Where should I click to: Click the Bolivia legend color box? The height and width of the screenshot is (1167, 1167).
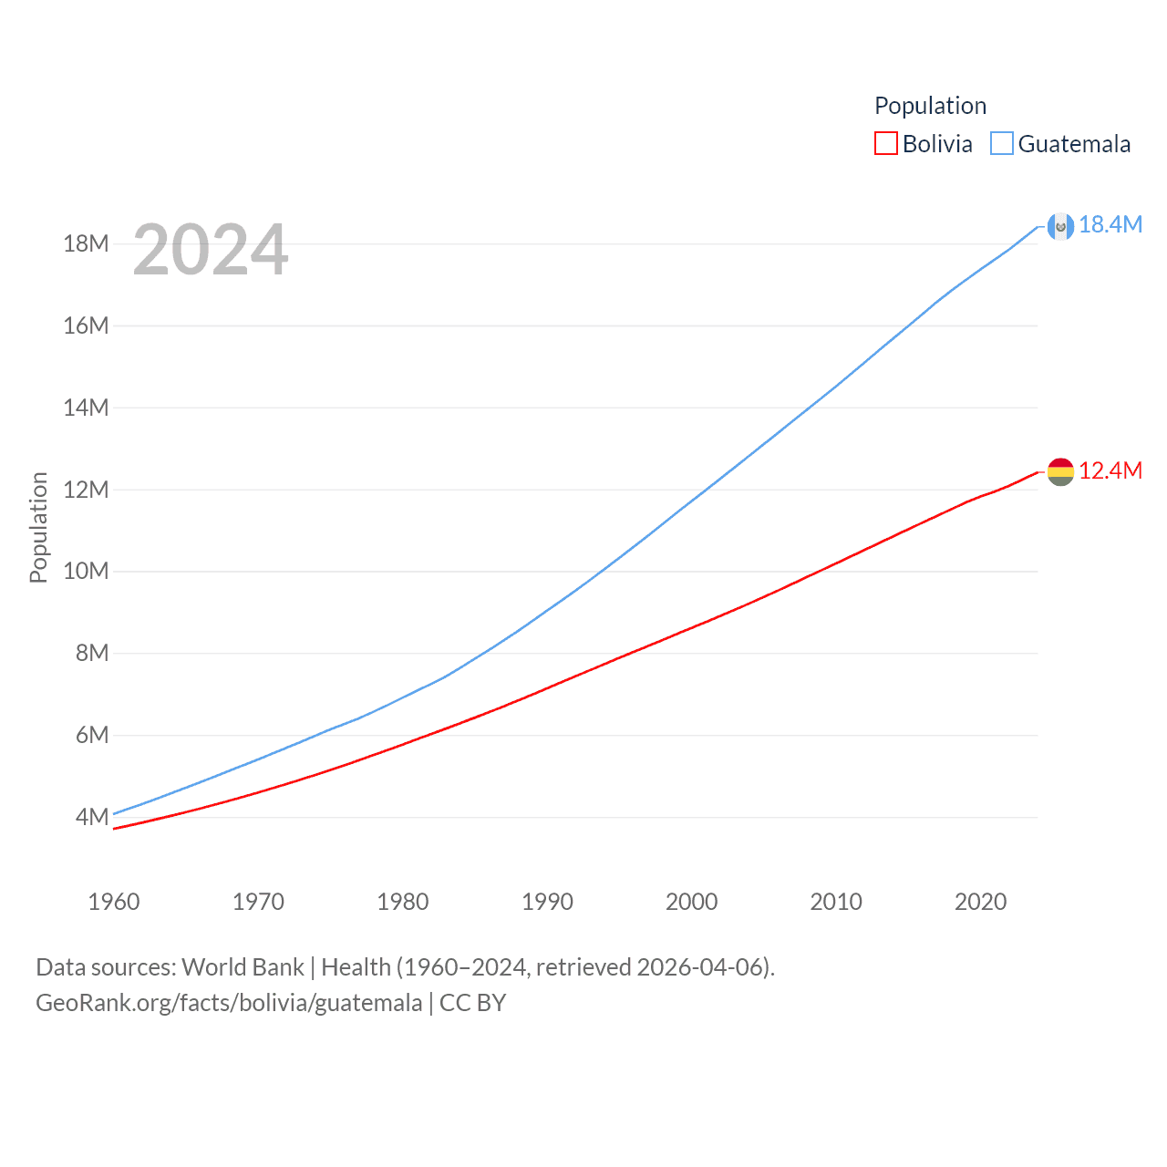[x=885, y=143]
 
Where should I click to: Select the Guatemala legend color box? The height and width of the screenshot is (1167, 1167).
[x=1001, y=143]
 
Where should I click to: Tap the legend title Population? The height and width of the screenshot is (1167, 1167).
[x=930, y=106]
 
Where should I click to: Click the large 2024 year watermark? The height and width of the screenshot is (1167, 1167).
[x=211, y=249]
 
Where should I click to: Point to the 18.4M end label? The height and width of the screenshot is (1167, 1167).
[x=1110, y=224]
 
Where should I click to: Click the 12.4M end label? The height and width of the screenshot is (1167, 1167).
[x=1110, y=470]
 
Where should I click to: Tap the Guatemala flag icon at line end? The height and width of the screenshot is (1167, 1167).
[x=1060, y=226]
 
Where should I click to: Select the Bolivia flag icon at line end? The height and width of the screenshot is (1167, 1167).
[x=1060, y=471]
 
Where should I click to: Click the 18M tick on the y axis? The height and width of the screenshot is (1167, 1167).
[x=86, y=243]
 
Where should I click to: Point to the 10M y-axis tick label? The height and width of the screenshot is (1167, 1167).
[x=86, y=571]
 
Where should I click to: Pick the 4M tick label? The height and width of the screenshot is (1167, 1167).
[x=92, y=817]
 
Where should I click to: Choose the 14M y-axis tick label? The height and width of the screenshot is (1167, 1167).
[x=86, y=408]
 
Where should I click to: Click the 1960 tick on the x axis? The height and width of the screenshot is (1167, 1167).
[x=114, y=902]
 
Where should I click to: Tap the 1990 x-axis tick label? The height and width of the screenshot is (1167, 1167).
[x=547, y=902]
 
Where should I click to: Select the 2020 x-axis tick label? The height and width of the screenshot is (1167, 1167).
[x=980, y=902]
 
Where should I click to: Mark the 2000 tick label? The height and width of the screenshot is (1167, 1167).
[x=691, y=902]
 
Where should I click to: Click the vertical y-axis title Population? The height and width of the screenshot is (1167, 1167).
[x=38, y=527]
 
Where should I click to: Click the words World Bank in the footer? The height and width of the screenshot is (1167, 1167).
[x=243, y=966]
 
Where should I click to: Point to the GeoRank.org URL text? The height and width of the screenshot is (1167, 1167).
[x=229, y=1003]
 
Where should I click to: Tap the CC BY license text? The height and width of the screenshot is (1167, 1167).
[x=472, y=1003]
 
